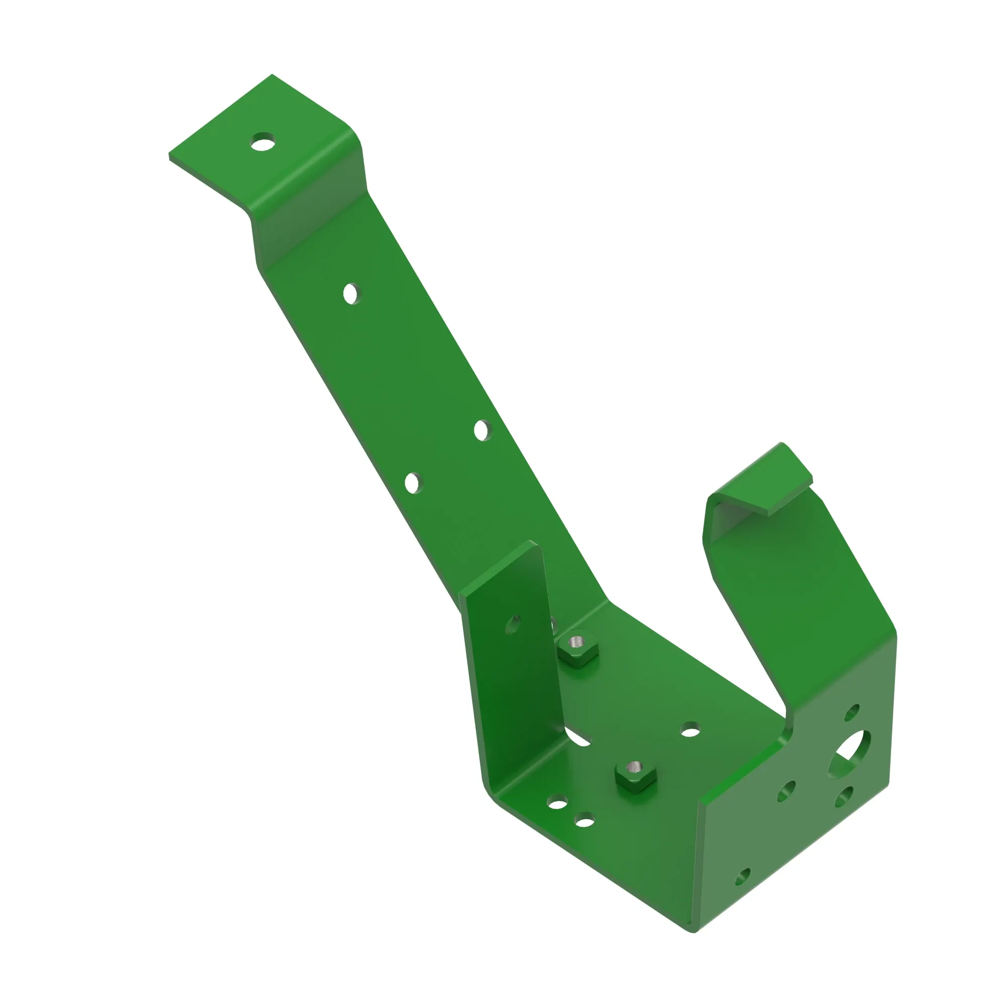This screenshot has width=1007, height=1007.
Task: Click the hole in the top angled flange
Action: pyautogui.click(x=263, y=141)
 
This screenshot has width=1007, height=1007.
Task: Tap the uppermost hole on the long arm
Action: pyautogui.click(x=352, y=294)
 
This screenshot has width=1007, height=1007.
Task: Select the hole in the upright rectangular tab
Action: pyautogui.click(x=513, y=624)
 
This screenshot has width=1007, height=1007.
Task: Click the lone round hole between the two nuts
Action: pyautogui.click(x=690, y=730)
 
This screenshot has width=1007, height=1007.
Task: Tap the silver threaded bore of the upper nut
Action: pyautogui.click(x=576, y=640)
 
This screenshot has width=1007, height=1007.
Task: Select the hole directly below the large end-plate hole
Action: pyautogui.click(x=843, y=797)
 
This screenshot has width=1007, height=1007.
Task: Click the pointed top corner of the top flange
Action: pyautogui.click(x=271, y=75)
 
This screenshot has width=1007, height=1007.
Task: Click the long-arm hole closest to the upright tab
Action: pyautogui.click(x=412, y=483)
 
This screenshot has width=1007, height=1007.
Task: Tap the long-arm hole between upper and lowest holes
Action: pyautogui.click(x=482, y=430)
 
